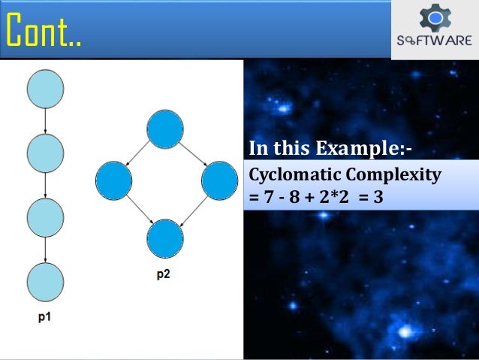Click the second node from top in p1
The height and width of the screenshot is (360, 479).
tap(45, 154)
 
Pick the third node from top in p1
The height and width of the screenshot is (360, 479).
tap(45, 217)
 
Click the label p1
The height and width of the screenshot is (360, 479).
tap(45, 318)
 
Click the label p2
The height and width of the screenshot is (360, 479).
tap(163, 275)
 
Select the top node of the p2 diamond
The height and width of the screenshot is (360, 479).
tap(165, 129)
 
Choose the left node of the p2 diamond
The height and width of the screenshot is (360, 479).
tap(114, 180)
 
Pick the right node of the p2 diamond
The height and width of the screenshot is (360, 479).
tap(219, 180)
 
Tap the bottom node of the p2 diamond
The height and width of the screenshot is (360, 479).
tap(165, 239)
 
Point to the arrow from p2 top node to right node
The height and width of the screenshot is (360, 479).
tap(192, 155)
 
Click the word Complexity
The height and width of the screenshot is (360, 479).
tap(393, 176)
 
